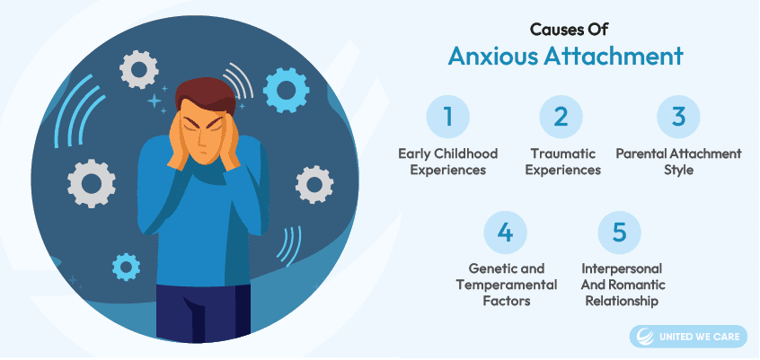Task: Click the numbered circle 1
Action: coord(448,117)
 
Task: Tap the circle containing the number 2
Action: coord(561,117)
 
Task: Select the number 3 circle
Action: coord(678,117)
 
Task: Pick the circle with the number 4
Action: coord(505,233)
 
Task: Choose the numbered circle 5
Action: coord(620,233)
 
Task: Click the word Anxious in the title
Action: coord(492,57)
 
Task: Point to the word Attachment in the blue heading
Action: coord(614,57)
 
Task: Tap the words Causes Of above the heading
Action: coord(569,29)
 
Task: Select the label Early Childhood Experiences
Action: coord(448,162)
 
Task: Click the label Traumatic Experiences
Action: coord(562,162)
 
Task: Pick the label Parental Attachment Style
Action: coord(678,162)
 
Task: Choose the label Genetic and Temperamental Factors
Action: coord(507,285)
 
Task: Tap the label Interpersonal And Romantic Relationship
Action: coord(623,285)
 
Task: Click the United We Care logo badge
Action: coord(688,337)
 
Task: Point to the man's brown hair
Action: coord(205,94)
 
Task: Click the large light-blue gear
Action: coord(286,90)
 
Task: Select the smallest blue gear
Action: coord(126,267)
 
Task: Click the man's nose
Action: coord(204,142)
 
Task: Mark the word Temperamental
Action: coord(507,285)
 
